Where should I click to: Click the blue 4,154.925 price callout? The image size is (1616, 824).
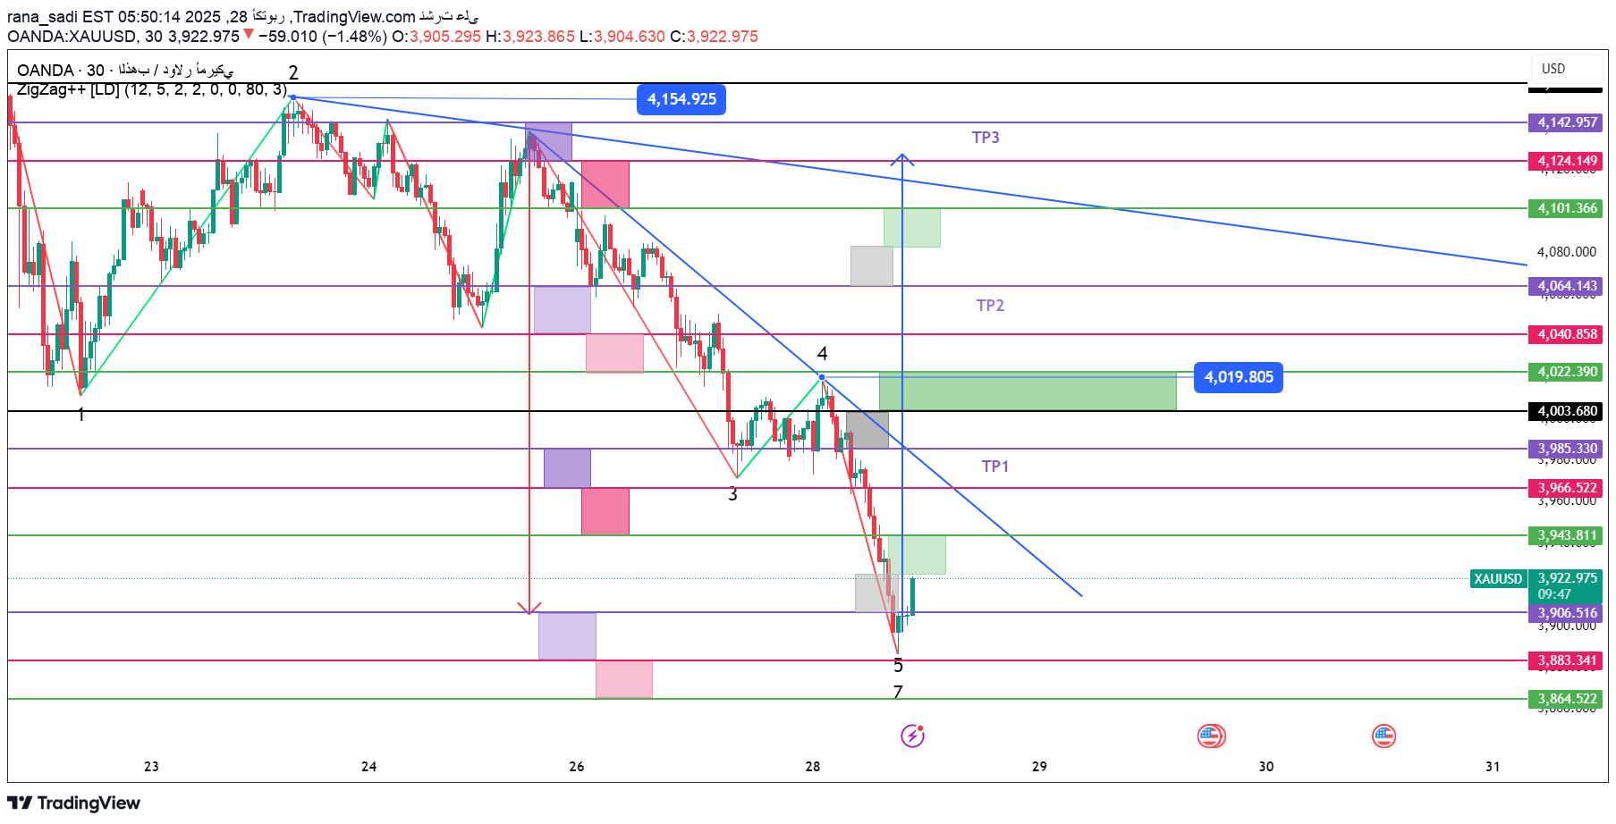681,99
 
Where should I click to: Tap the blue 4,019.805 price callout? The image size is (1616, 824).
1239,377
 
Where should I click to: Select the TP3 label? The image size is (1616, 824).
986,138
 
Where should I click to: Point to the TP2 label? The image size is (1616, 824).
990,306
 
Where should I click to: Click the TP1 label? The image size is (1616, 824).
994,467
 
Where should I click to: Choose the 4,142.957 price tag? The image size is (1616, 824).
1567,122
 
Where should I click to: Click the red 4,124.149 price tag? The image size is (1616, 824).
1567,161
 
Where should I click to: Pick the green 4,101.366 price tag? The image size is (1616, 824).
1567,208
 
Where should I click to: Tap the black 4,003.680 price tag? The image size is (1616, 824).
1567,411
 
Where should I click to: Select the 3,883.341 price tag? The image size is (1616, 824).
1567,660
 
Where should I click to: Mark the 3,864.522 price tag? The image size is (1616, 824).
1567,699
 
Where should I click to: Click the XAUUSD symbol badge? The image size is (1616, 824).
1498,579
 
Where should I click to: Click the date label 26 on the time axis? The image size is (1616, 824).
576,767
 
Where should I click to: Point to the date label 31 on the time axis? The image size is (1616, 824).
1493,767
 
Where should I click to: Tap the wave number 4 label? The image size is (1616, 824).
822,354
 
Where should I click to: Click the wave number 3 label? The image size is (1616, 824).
732,494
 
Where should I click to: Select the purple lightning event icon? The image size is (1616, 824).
912,736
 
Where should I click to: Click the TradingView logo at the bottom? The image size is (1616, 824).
74,803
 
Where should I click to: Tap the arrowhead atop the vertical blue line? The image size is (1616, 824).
902,158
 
